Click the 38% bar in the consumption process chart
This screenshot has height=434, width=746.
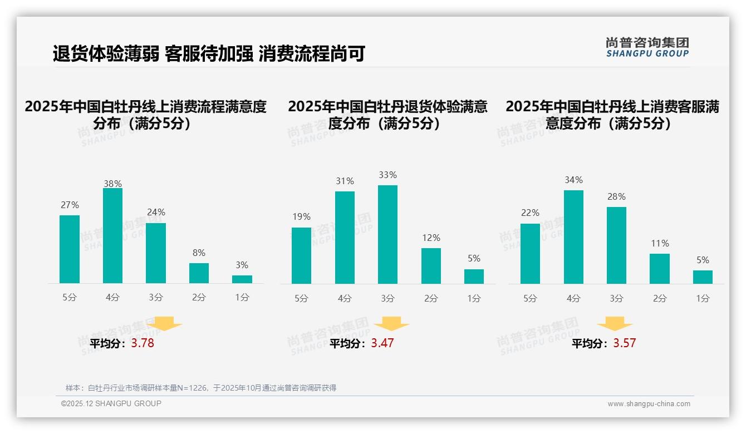pos(112,236)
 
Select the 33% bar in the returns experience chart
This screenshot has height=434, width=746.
pos(387,234)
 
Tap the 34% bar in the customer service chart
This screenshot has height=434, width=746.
pos(573,237)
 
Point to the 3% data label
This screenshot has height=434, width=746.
pos(242,265)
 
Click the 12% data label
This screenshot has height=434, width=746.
pos(431,238)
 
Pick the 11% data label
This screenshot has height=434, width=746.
pos(660,244)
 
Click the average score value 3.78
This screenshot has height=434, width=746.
pos(143,343)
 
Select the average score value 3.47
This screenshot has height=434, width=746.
pos(382,343)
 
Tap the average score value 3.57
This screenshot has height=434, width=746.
pos(624,343)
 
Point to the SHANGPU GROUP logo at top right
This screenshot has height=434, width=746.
pos(647,47)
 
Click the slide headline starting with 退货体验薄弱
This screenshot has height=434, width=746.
pos(209,54)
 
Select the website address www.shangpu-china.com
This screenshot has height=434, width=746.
pos(649,404)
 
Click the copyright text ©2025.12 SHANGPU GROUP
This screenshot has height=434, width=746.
pos(111,403)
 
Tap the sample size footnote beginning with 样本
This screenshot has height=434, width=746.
pos(201,388)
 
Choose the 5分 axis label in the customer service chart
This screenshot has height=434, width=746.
pos(530,298)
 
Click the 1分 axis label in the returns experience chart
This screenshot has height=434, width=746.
pos(474,298)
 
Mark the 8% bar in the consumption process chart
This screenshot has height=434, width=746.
pos(199,273)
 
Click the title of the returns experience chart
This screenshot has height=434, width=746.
pos(387,115)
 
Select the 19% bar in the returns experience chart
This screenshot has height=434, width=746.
pos(301,255)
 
